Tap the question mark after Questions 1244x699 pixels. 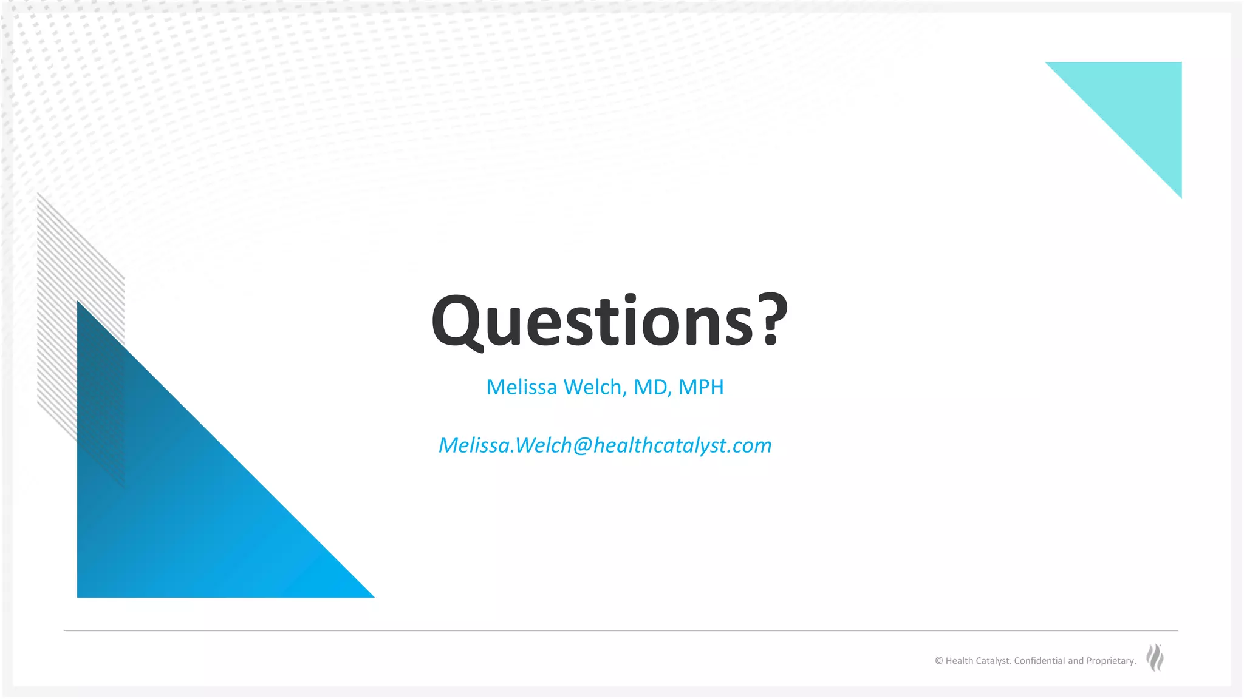point(772,320)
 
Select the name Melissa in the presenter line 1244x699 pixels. point(521,387)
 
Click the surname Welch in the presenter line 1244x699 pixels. point(595,387)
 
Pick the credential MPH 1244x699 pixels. point(701,387)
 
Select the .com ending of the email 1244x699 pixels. point(750,445)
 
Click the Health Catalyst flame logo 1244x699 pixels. point(1155,658)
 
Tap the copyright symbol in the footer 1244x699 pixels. point(938,661)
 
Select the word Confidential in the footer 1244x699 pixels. point(1039,661)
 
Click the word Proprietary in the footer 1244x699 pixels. point(1110,661)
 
